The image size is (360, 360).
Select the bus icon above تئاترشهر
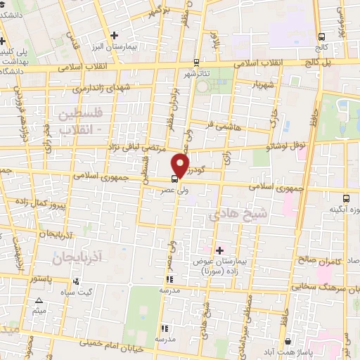pyautogui.click(x=195, y=62)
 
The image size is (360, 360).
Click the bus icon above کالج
pyautogui.click(x=321, y=37)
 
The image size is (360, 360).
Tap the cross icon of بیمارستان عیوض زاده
pyautogui.click(x=219, y=250)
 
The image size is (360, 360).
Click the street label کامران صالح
pyautogui.click(x=321, y=260)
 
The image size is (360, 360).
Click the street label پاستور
pyautogui.click(x=40, y=278)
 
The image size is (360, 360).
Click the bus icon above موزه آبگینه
pyautogui.click(x=345, y=199)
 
